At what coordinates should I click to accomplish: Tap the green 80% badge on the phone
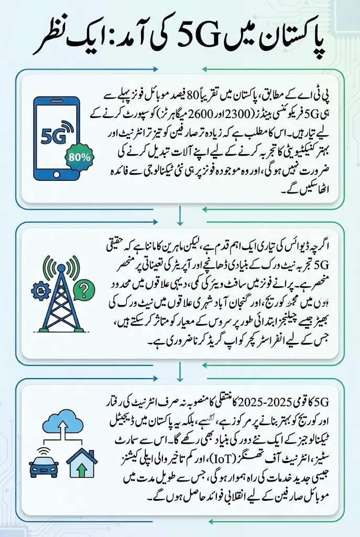click(x=78, y=156)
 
